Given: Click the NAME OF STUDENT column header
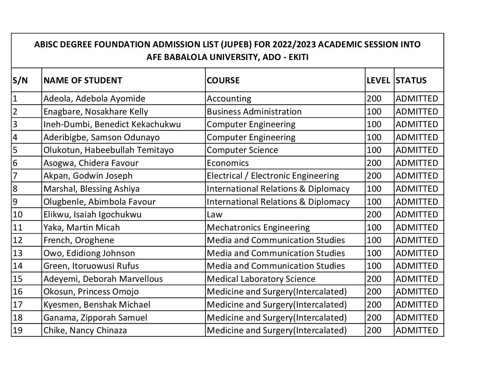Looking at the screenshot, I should click(83, 80).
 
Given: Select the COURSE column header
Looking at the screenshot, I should click(223, 80).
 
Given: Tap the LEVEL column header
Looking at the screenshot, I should click(378, 80).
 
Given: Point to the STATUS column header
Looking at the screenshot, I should click(411, 80).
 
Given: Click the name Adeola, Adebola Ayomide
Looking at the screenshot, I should click(94, 99).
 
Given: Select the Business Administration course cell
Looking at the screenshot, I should click(254, 112).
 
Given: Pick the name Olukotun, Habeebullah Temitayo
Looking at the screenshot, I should click(109, 150).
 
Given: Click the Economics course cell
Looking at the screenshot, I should click(228, 163).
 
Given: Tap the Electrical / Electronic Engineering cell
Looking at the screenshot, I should click(272, 176).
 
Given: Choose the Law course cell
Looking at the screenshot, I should click(215, 215).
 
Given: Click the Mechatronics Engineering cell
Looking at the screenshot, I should click(258, 228).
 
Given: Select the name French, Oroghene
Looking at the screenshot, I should click(79, 240).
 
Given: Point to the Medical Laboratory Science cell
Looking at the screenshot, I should click(261, 279).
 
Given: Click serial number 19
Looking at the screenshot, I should click(17, 330).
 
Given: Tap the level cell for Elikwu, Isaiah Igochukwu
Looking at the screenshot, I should click(374, 215).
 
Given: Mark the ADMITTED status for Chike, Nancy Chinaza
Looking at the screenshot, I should click(417, 330).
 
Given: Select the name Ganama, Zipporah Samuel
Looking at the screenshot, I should click(95, 318).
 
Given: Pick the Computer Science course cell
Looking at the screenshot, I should click(242, 150).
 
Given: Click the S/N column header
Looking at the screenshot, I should click(20, 80).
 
